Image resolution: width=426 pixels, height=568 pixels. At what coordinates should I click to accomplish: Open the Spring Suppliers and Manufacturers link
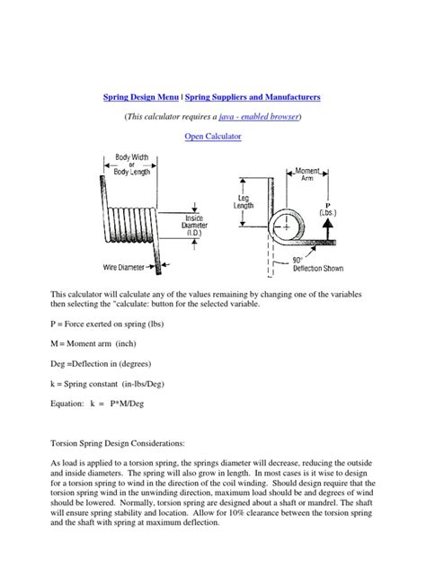[253, 95]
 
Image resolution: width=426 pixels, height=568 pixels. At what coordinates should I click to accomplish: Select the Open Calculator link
[213, 137]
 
